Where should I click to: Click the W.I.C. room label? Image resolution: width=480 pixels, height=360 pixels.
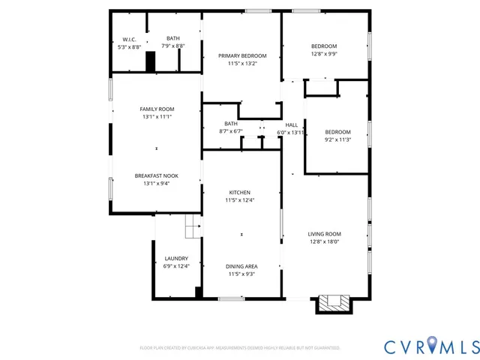click(x=129, y=39)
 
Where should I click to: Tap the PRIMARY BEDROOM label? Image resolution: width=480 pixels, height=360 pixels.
click(x=242, y=56)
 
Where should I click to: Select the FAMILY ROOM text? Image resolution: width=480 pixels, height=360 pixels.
click(x=156, y=109)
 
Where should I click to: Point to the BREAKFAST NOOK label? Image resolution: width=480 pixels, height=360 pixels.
click(x=156, y=175)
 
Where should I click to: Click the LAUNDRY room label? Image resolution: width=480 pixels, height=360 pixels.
click(x=176, y=259)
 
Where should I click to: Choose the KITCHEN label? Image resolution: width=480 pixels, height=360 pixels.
click(x=240, y=193)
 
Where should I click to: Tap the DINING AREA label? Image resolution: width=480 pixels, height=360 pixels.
click(x=242, y=266)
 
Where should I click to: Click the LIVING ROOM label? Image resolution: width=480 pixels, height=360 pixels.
click(x=325, y=234)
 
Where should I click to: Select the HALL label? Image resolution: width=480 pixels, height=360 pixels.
click(x=291, y=124)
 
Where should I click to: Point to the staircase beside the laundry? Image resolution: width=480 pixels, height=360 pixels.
click(x=193, y=226)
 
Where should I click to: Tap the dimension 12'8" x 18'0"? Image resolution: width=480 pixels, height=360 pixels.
click(x=325, y=241)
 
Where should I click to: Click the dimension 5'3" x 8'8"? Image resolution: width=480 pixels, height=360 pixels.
click(x=129, y=46)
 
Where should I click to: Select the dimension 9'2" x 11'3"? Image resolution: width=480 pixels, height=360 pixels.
click(x=337, y=139)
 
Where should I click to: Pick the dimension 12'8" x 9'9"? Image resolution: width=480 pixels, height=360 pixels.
click(x=324, y=54)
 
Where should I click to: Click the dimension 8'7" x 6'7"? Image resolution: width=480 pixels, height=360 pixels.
click(x=230, y=131)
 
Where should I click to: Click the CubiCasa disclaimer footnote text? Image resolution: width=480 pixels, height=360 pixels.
click(x=240, y=348)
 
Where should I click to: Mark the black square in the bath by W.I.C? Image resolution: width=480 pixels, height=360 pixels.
click(x=150, y=62)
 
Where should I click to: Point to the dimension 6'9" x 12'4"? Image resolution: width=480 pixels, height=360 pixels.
click(x=176, y=266)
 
